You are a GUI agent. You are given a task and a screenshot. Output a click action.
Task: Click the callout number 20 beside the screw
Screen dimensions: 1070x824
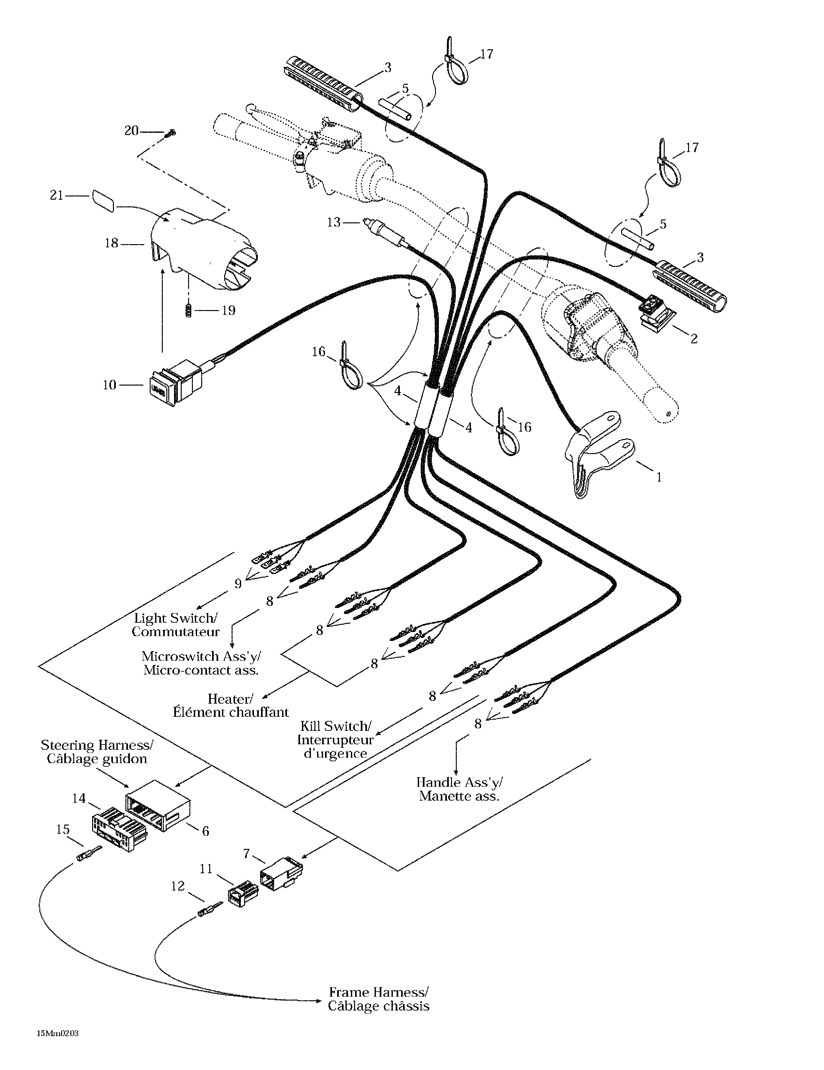click(x=131, y=131)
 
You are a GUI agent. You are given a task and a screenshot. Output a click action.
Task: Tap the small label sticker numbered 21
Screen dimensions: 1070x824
click(x=103, y=201)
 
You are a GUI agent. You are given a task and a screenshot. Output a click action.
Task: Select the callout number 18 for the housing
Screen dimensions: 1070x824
click(x=111, y=243)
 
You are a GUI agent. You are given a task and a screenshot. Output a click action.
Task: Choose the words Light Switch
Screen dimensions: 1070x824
click(x=175, y=618)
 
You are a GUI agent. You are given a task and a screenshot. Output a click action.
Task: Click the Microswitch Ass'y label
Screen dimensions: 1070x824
click(x=201, y=656)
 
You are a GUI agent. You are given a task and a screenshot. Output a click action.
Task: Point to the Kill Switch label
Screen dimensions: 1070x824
click(x=336, y=726)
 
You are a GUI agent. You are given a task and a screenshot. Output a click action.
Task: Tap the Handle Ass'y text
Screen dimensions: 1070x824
click(x=459, y=782)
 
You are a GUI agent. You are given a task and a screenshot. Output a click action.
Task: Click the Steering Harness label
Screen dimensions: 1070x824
click(x=97, y=745)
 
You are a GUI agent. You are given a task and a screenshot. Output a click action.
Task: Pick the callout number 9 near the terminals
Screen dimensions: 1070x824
click(x=238, y=584)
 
